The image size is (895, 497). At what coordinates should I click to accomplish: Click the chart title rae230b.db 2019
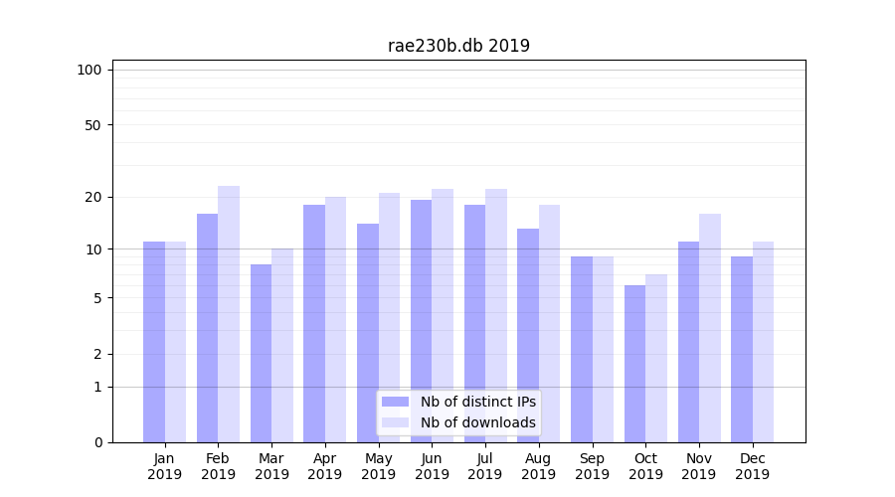coord(458,46)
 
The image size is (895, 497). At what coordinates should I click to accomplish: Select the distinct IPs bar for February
coord(207,328)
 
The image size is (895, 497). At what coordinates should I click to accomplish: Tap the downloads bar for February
coord(229,313)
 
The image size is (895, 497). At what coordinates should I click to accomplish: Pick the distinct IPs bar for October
coord(634,363)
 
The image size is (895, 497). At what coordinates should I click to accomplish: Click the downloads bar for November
coord(710,328)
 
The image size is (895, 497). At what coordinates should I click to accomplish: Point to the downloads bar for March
coord(282,345)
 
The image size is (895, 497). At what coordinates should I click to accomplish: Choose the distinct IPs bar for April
coord(314,323)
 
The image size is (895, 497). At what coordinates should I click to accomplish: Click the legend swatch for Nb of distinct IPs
coord(395,402)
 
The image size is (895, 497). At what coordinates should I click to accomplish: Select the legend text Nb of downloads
coord(477,422)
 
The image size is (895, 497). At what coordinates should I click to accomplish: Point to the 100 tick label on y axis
coord(89,70)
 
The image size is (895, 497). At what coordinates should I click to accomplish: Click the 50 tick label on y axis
coord(92,125)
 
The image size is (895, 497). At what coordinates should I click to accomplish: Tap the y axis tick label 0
coord(97,442)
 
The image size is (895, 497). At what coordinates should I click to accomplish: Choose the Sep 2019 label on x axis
coord(592,466)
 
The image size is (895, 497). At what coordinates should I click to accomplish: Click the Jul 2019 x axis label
coord(485,466)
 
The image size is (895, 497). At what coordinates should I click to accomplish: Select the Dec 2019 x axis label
coord(752,466)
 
